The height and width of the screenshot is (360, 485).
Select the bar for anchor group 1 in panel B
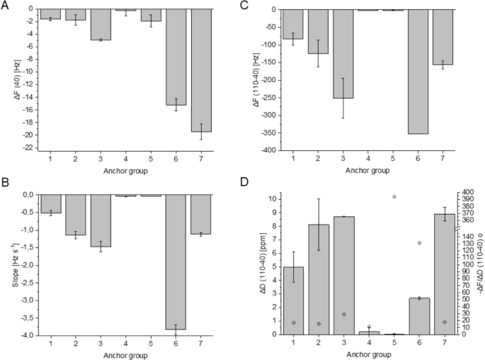tap(51, 203)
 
